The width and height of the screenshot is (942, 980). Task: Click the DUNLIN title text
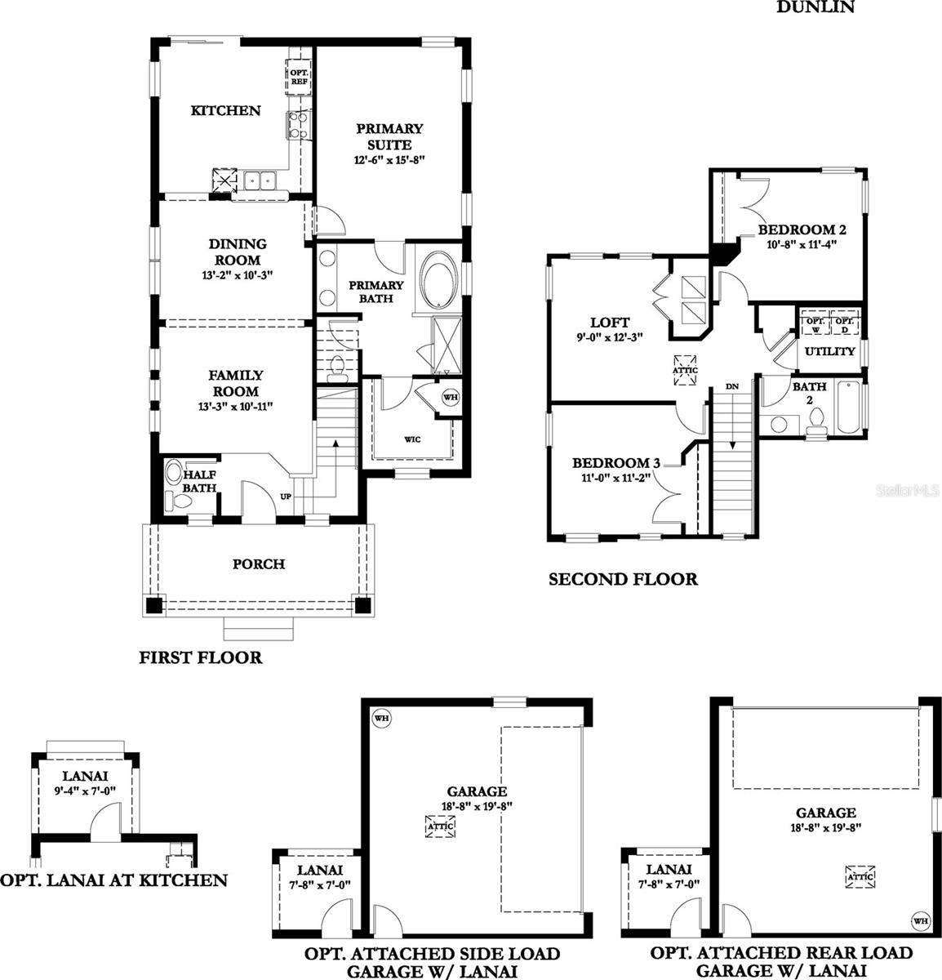coord(815,7)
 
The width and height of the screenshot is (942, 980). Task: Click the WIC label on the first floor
coord(413,439)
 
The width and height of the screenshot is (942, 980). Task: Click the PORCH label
coord(259,564)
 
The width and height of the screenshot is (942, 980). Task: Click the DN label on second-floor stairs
coord(732,386)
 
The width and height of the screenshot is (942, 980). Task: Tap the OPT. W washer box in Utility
coord(814,324)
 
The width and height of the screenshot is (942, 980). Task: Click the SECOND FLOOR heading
coord(623,580)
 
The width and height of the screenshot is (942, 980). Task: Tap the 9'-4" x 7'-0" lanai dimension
coord(86,791)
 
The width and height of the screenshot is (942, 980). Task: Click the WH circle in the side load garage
coord(380,718)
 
